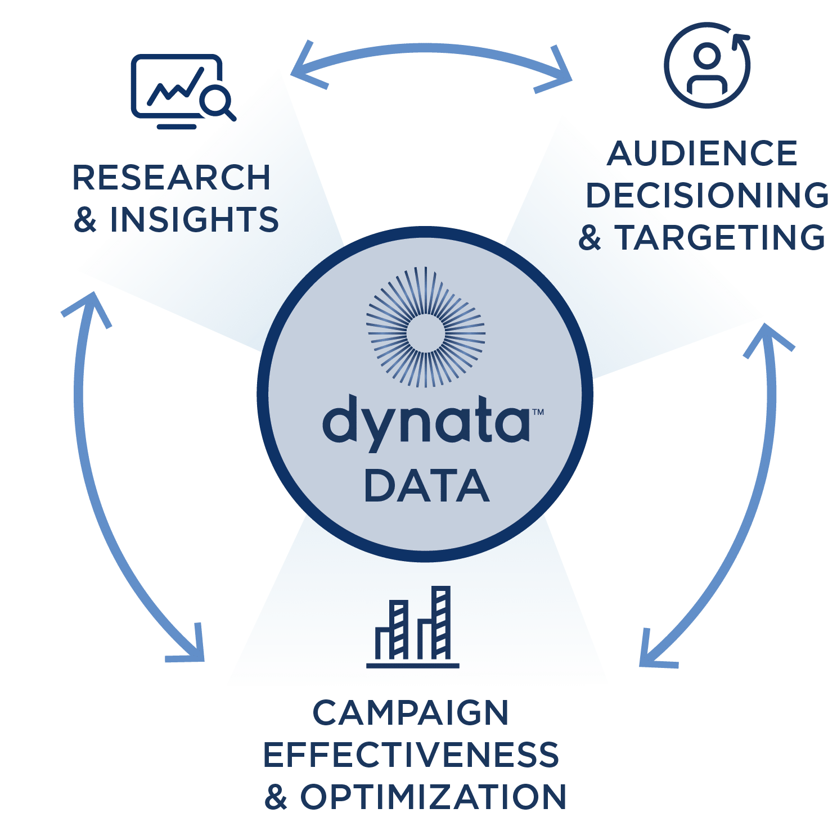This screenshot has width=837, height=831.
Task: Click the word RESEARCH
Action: (x=172, y=178)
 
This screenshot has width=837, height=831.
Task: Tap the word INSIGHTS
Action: (x=195, y=219)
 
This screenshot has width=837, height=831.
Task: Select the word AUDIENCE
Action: (x=703, y=153)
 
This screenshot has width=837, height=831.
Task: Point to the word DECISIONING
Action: (x=708, y=195)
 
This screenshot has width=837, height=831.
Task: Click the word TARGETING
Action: (x=720, y=237)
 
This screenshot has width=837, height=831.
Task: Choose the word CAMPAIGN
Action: (x=411, y=713)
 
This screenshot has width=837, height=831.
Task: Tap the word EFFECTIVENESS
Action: (x=411, y=755)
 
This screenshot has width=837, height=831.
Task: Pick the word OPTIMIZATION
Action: (x=433, y=797)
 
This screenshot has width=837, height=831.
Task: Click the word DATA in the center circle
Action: (x=427, y=486)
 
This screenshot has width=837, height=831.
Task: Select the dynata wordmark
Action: (x=426, y=423)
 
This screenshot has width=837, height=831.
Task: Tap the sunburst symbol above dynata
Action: (x=426, y=327)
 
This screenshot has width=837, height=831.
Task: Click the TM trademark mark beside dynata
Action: (x=538, y=412)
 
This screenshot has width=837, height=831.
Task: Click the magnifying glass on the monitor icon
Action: (x=218, y=102)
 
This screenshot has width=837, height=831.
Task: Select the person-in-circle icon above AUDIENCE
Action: (x=707, y=65)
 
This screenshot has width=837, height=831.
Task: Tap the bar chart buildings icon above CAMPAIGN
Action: (x=413, y=627)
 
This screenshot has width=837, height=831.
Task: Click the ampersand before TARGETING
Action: (x=590, y=237)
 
